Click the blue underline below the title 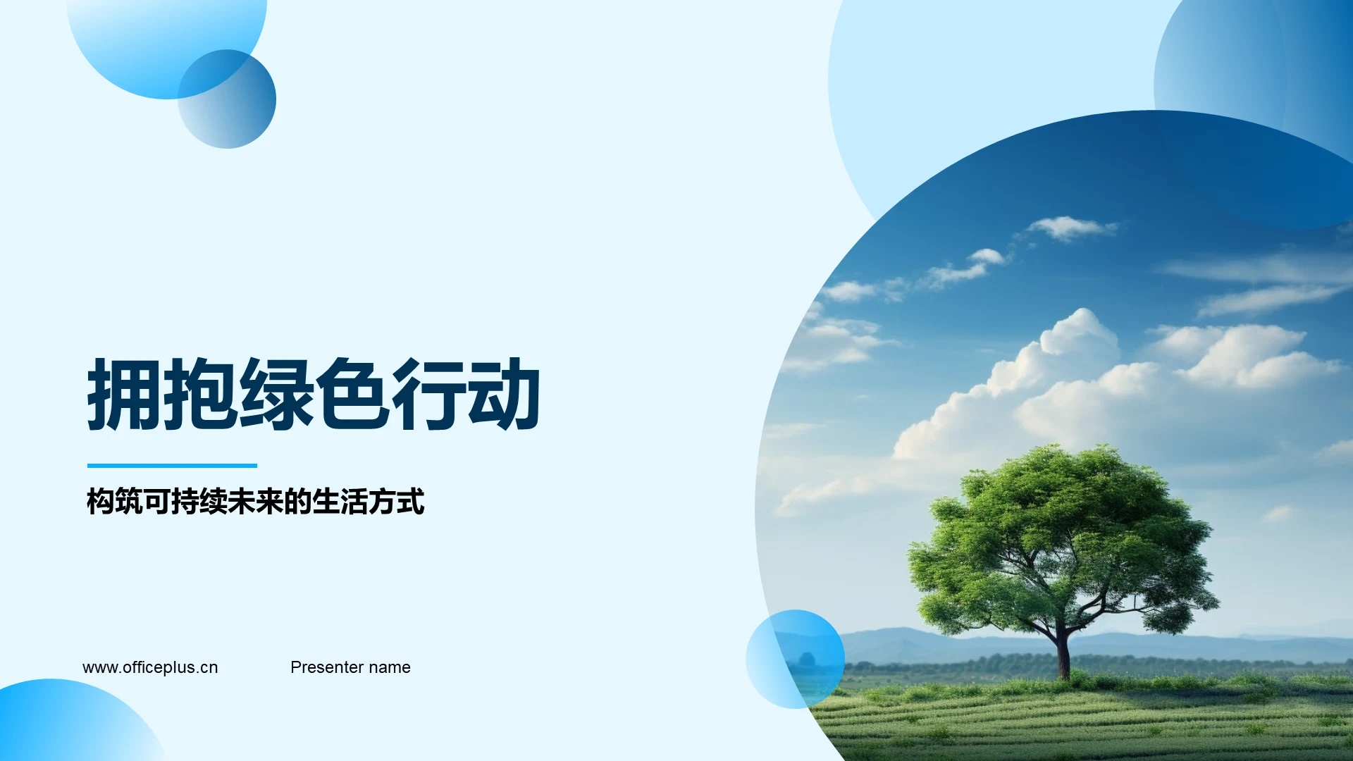[x=172, y=466]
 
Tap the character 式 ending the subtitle [x=411, y=502]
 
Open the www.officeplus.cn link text [x=150, y=667]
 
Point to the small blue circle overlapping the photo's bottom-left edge [x=795, y=659]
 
